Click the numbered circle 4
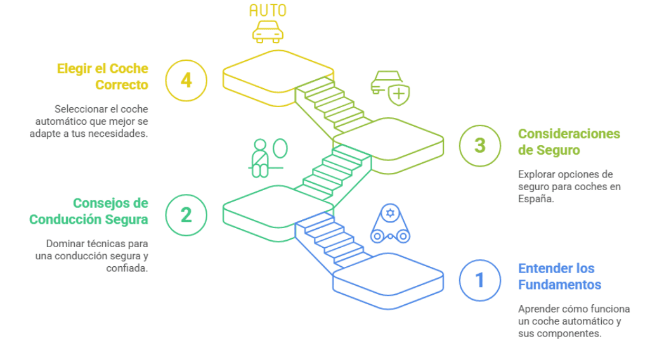(x=186, y=80)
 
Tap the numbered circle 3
(x=480, y=145)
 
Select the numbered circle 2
(x=186, y=215)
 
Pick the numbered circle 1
(x=480, y=280)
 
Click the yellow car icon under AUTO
(x=268, y=31)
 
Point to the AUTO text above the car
(x=268, y=10)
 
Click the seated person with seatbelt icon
(x=260, y=158)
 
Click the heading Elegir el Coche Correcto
(x=103, y=76)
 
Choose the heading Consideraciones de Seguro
(x=569, y=142)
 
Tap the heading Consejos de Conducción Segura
(x=89, y=211)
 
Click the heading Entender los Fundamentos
(x=559, y=276)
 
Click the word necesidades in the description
(x=115, y=134)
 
